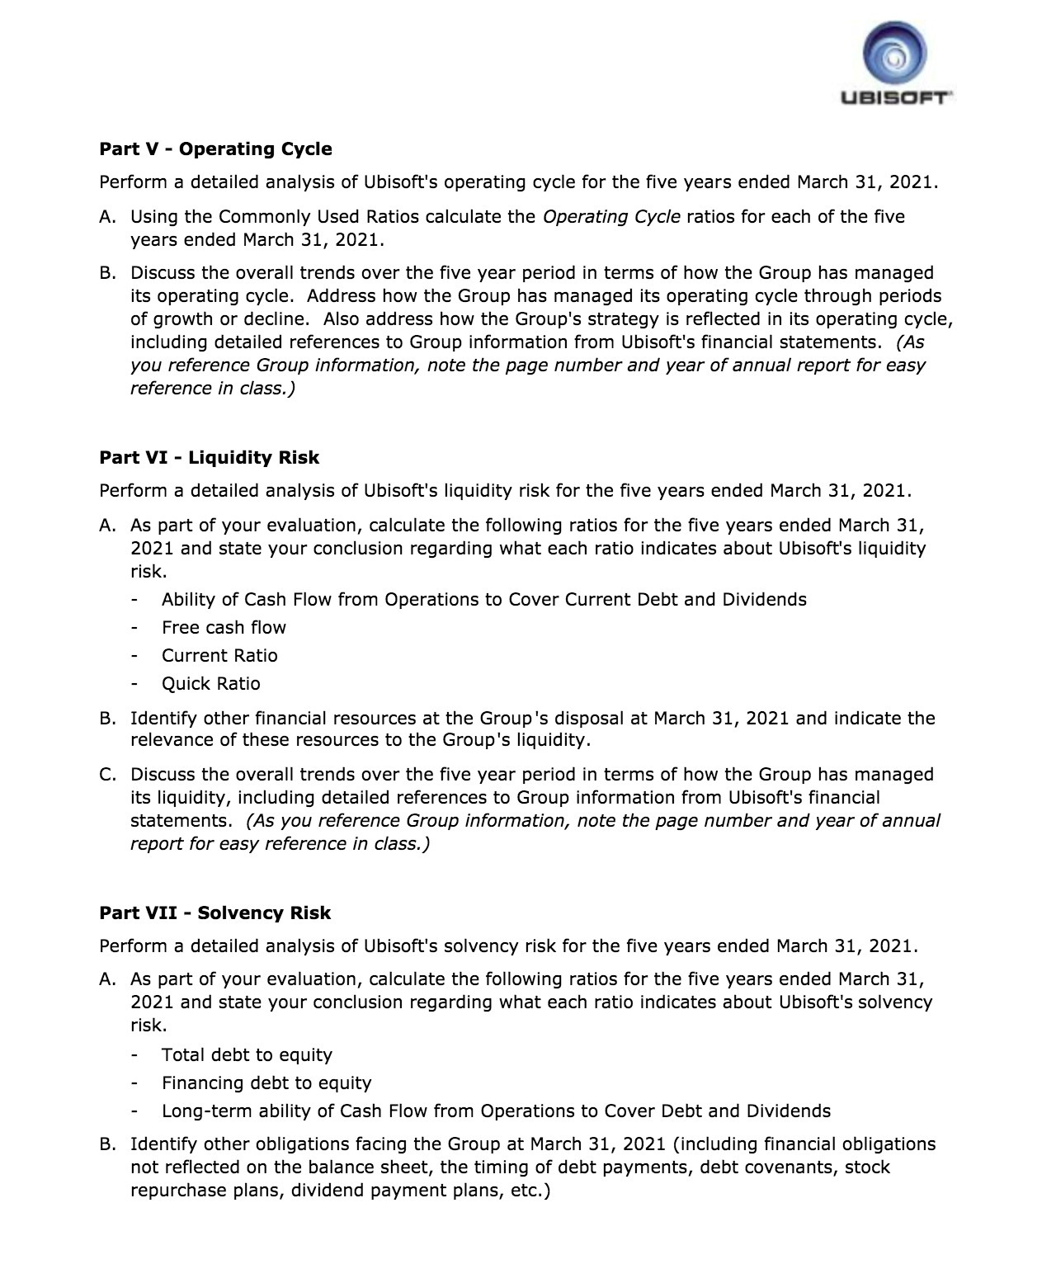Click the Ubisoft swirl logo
pyautogui.click(x=894, y=54)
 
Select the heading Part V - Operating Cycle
pyautogui.click(x=215, y=149)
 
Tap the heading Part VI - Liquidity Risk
pyautogui.click(x=209, y=458)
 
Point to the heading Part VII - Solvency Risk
pyautogui.click(x=214, y=913)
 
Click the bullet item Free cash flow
pyautogui.click(x=224, y=628)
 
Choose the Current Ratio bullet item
pyautogui.click(x=219, y=656)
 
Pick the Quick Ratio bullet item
pyautogui.click(x=210, y=684)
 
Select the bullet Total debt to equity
pyautogui.click(x=247, y=1055)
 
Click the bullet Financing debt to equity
pyautogui.click(x=266, y=1083)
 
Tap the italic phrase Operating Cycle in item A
pyautogui.click(x=611, y=217)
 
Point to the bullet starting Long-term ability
pyautogui.click(x=496, y=1111)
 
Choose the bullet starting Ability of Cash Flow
pyautogui.click(x=483, y=600)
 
